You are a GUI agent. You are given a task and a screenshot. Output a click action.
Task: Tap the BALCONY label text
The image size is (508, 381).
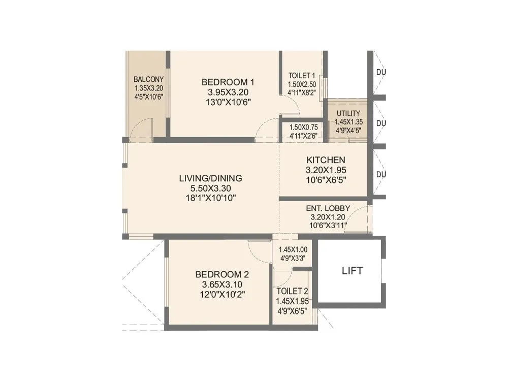[148, 79]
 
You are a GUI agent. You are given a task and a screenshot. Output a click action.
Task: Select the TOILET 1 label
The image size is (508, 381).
[302, 76]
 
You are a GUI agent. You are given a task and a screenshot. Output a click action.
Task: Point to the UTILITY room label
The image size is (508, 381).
[348, 113]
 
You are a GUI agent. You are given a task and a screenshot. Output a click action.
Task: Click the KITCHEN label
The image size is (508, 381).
[325, 160]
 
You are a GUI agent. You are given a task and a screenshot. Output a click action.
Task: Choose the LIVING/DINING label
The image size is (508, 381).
[210, 178]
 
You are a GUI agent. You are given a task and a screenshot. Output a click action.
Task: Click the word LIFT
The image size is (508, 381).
[352, 271]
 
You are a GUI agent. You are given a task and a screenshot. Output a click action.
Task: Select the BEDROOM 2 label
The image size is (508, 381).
[221, 274]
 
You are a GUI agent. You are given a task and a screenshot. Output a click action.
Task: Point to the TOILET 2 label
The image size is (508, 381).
[292, 292]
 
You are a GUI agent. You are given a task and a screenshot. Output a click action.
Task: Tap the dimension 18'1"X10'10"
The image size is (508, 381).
[210, 198]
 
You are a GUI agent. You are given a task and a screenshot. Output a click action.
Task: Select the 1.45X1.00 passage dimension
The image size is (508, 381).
[293, 249]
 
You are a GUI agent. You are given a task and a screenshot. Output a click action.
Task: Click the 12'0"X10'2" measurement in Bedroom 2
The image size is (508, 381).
[221, 294]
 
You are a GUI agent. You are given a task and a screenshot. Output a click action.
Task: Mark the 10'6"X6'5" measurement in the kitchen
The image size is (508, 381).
[325, 180]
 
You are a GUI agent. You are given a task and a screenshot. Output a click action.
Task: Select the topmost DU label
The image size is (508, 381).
[380, 72]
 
